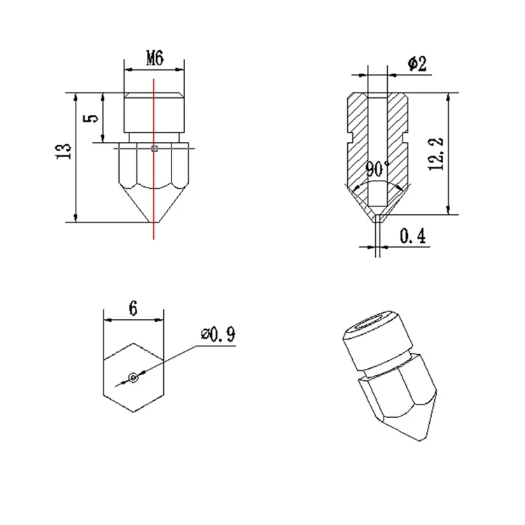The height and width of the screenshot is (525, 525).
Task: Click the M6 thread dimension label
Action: [x=155, y=58]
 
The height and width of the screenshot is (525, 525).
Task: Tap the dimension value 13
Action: [x=64, y=151]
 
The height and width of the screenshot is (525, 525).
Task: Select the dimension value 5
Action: [x=92, y=118]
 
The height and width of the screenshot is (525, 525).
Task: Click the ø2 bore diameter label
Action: [x=417, y=64]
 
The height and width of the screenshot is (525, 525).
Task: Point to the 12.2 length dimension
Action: [x=436, y=154]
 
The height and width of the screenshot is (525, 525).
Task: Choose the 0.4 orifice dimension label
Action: [x=413, y=236]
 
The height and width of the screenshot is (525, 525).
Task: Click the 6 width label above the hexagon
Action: [x=133, y=309]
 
